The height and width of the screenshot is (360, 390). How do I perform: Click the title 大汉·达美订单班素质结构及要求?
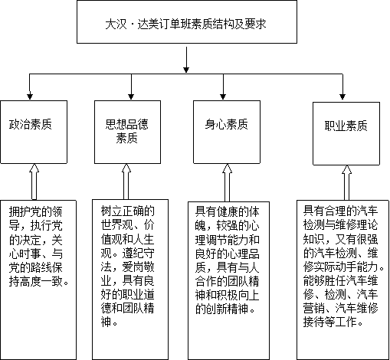pos(185,25)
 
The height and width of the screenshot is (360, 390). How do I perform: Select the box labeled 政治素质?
pos(34,132)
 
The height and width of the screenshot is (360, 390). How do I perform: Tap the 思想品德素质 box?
pos(127,132)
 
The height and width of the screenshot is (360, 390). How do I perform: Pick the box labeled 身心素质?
pos(227,132)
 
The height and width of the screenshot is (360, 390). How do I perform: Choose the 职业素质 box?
pos(346,133)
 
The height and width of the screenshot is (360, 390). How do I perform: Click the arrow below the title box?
pos(186,60)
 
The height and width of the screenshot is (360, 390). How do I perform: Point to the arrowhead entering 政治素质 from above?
pos(30,97)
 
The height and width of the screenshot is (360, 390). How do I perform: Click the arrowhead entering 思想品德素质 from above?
pos(131,97)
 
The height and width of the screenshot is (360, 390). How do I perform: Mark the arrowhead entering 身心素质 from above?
pos(223,97)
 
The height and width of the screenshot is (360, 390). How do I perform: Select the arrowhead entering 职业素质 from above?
pos(342,97)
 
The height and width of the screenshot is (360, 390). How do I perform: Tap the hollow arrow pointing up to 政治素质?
pos(34,182)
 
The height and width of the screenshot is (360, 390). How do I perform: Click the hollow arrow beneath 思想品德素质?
pos(126,182)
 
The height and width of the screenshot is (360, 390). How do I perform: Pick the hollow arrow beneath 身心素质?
pos(227,182)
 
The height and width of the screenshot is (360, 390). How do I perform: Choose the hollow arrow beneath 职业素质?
pos(346,183)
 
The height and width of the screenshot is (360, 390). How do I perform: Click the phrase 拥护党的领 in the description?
pos(35,211)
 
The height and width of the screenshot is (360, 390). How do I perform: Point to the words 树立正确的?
pos(127,211)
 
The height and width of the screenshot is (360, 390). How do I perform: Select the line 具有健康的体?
pos(228,211)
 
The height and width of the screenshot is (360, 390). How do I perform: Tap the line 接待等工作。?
pos(333,322)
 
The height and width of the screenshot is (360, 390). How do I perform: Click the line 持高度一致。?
pos(39,281)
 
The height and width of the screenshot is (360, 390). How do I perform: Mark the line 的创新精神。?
pos(225,309)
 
